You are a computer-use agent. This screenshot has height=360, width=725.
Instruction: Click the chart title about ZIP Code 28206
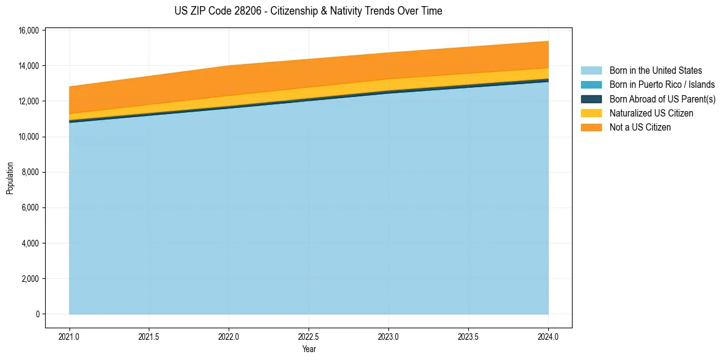click(308, 11)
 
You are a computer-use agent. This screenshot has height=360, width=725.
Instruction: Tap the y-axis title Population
click(10, 178)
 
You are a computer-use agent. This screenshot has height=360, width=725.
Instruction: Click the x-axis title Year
click(309, 350)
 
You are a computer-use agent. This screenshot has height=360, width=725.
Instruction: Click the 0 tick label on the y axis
click(37, 314)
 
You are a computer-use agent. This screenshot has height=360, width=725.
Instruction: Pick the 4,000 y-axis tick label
click(31, 243)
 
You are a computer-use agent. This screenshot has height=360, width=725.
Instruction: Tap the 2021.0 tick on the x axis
click(69, 336)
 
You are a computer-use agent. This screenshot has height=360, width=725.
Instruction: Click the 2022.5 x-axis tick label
click(309, 336)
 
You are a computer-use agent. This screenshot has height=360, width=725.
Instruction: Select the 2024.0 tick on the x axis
click(548, 336)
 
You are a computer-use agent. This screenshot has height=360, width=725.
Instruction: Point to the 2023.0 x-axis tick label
click(388, 336)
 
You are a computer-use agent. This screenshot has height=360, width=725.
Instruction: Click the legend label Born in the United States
click(655, 71)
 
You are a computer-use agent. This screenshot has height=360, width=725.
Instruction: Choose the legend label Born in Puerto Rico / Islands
click(662, 85)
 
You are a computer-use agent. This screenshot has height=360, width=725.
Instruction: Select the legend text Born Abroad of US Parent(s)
click(662, 99)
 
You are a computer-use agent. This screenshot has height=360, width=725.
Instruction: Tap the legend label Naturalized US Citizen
click(651, 113)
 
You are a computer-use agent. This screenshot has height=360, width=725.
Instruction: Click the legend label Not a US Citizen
click(640, 128)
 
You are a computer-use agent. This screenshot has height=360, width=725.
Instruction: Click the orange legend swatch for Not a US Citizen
click(591, 128)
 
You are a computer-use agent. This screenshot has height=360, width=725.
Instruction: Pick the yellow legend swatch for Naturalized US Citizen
click(591, 113)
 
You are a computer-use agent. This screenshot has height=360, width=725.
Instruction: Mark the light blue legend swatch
click(591, 71)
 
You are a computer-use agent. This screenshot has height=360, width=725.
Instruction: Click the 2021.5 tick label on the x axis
click(149, 336)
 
